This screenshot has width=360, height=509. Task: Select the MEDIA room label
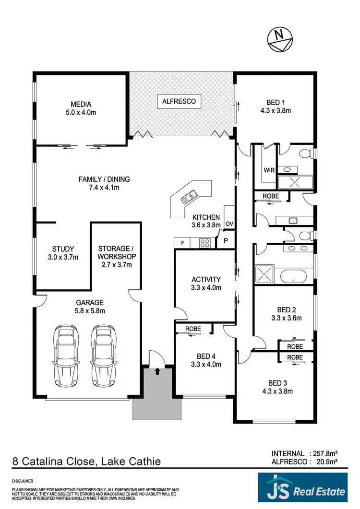(81, 104)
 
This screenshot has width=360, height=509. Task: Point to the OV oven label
(229, 224)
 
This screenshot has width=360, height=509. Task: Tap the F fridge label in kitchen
(182, 243)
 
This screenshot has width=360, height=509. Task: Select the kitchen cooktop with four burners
(204, 243)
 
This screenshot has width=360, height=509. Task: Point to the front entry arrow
(157, 370)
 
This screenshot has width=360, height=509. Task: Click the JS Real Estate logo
(302, 490)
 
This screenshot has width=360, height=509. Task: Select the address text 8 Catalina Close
(53, 462)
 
